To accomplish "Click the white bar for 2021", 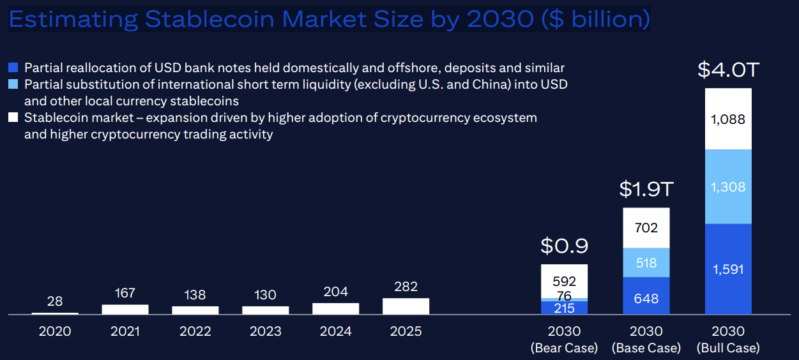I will tap(125, 310).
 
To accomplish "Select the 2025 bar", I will tap(406, 306).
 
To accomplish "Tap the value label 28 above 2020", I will tap(55, 301).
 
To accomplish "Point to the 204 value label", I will tap(335, 292).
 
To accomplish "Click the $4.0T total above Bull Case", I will tap(728, 70).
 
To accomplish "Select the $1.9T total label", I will tap(646, 189).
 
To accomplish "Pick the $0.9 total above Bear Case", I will tap(564, 246).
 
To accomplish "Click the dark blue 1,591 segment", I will tap(728, 269).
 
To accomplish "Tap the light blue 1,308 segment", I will tap(728, 187).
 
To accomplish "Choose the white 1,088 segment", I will tap(728, 119).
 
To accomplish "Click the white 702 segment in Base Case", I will tap(646, 228).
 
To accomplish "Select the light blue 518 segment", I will tap(646, 262).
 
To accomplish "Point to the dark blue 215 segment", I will tap(564, 308).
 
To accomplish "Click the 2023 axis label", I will tap(265, 332).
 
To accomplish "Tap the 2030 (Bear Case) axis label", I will tap(564, 340).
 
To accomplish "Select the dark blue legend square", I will tap(13, 67).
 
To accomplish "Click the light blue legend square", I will tap(13, 84).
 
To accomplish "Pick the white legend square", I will tap(13, 117).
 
